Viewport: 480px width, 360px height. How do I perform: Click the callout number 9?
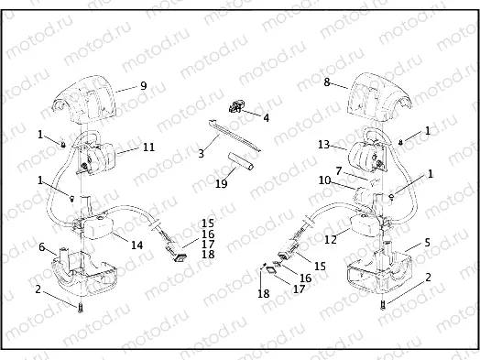144,85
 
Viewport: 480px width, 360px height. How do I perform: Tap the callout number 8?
326,82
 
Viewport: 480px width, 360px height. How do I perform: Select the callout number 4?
266,117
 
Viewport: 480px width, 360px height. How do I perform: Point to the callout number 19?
221,183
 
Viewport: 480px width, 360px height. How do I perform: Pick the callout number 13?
322,145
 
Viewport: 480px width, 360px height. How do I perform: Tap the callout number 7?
338,170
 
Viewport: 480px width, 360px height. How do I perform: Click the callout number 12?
331,240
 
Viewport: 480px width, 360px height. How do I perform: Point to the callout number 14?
137,245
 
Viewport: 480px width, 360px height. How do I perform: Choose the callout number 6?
42,245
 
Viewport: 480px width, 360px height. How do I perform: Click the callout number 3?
202,155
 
